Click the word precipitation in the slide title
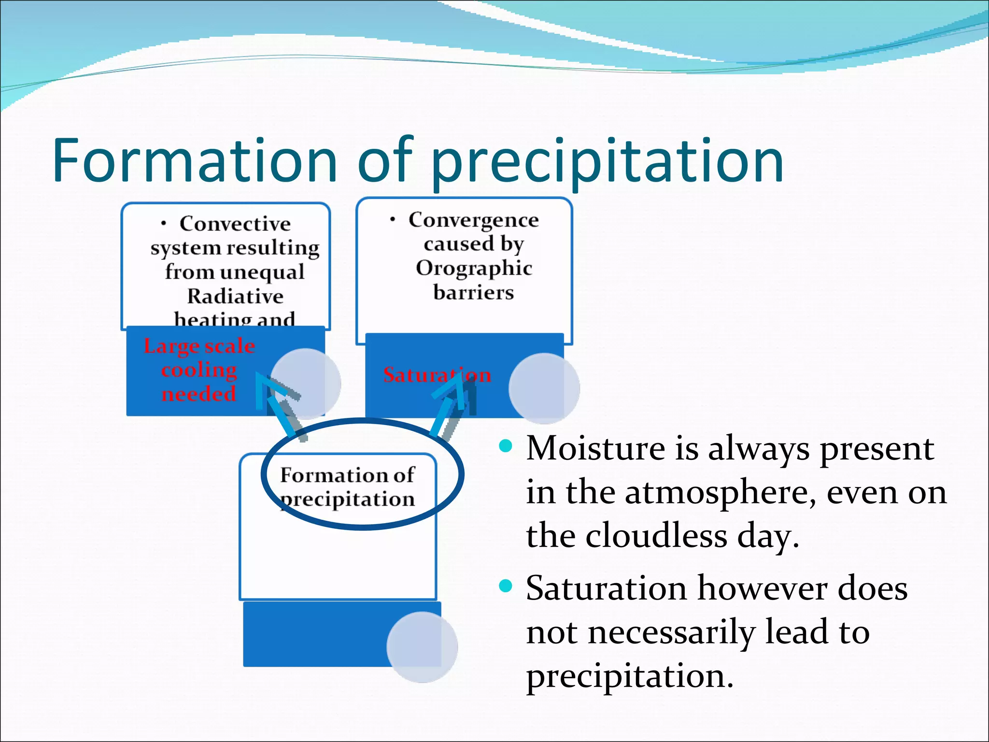(x=607, y=162)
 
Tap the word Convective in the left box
(x=235, y=224)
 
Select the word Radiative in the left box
(x=235, y=296)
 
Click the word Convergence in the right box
(x=473, y=220)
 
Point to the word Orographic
(x=474, y=268)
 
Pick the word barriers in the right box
(x=473, y=292)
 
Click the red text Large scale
(x=199, y=346)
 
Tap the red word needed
(x=198, y=394)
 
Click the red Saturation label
(x=437, y=375)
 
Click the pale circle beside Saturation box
(x=544, y=388)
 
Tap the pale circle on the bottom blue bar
(x=422, y=647)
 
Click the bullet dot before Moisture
(x=505, y=446)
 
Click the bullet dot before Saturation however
(x=505, y=586)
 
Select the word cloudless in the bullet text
(x=656, y=536)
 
